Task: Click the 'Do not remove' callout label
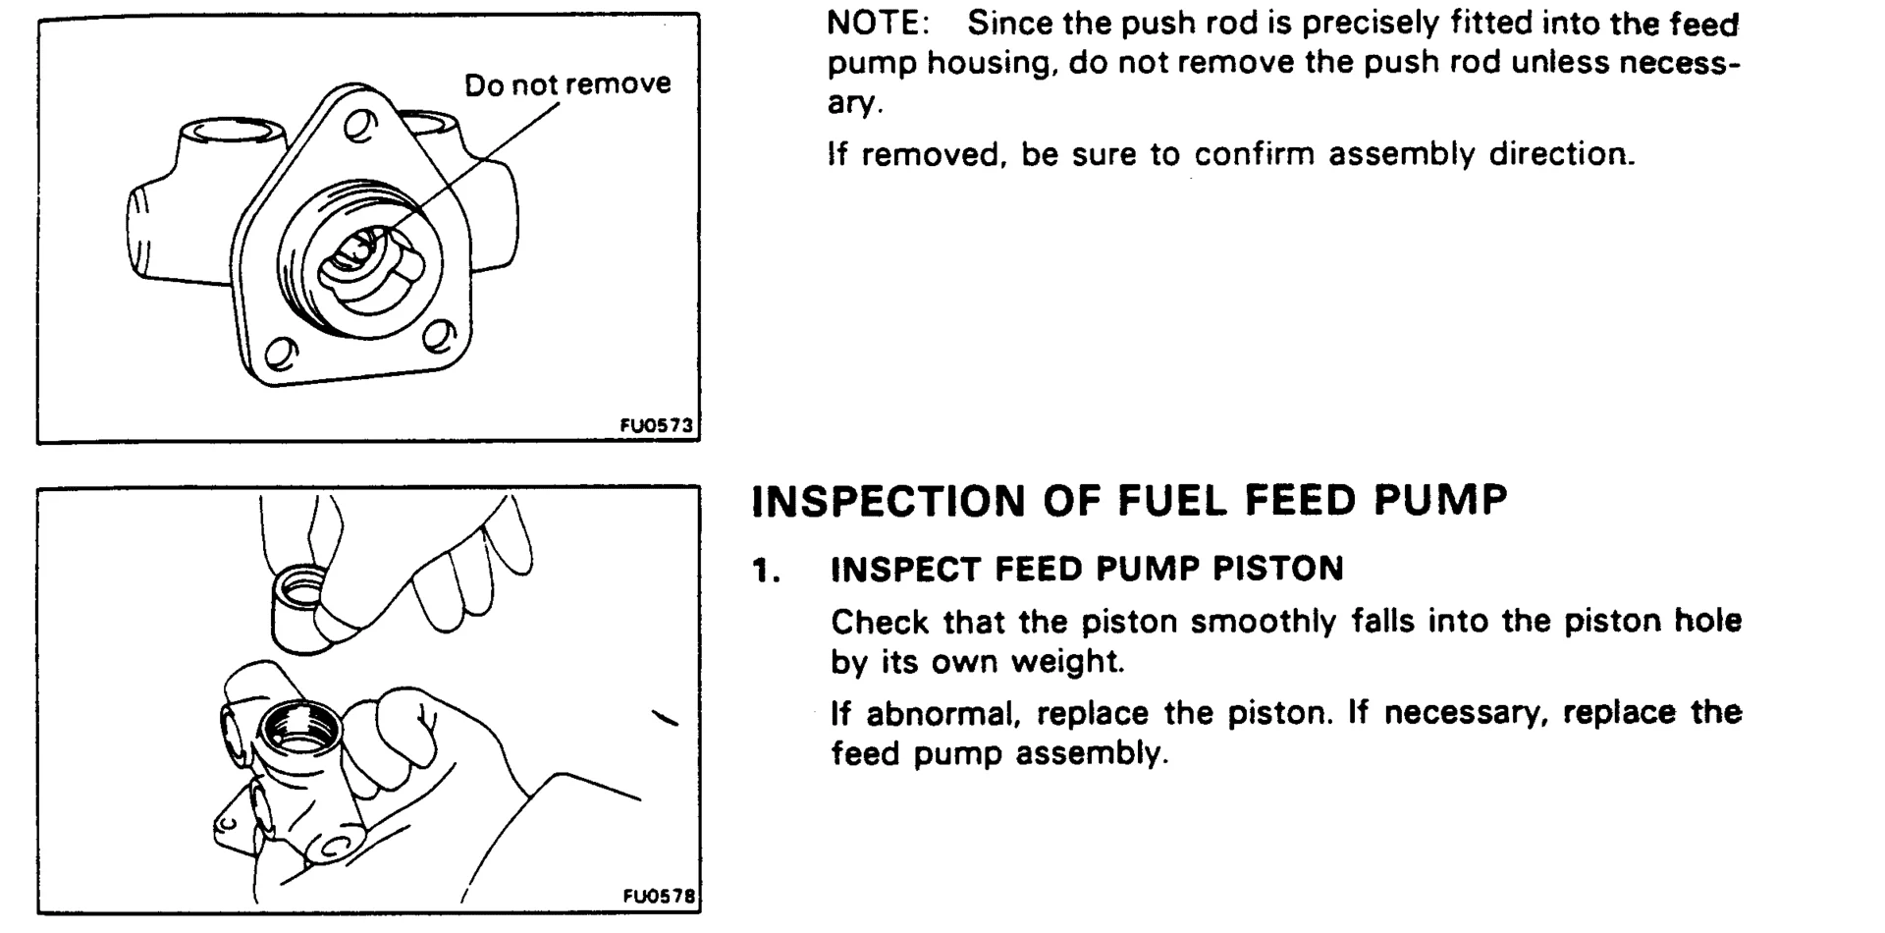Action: point(567,84)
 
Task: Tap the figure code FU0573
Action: point(656,425)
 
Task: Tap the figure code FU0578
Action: point(659,896)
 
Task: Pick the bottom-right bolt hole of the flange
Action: point(438,338)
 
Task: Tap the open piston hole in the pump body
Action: point(301,731)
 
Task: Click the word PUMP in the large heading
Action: point(1440,501)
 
